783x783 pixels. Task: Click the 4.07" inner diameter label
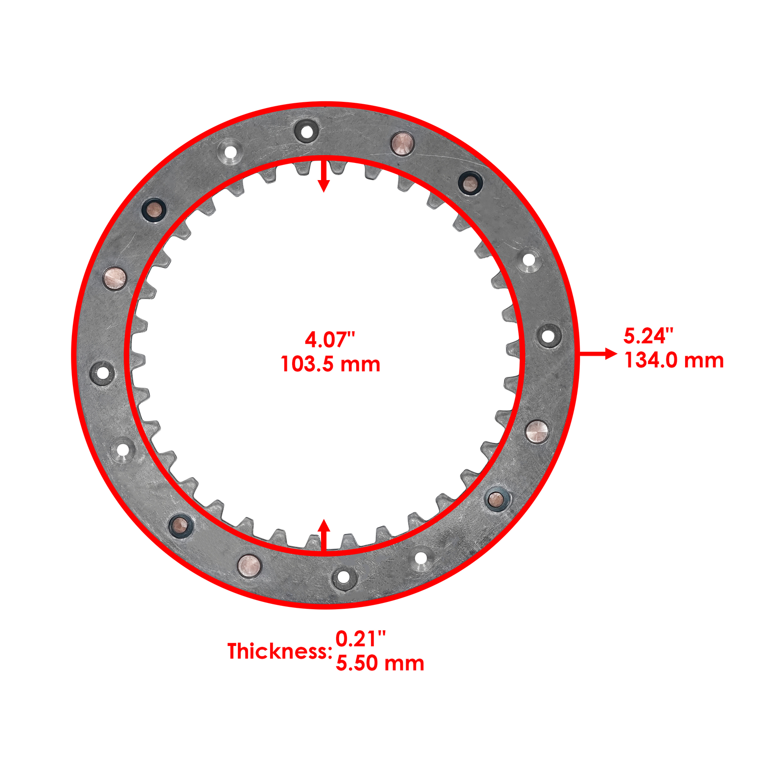click(329, 339)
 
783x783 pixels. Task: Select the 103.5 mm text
click(330, 365)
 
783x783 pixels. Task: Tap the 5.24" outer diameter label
click(648, 336)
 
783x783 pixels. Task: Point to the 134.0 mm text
click(674, 361)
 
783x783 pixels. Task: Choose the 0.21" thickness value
click(361, 639)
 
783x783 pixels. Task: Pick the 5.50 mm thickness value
click(380, 664)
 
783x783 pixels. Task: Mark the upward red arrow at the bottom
click(324, 535)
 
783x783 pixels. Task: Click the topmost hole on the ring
click(307, 131)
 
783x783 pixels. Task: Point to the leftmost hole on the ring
click(103, 373)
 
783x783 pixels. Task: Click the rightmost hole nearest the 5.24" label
click(549, 336)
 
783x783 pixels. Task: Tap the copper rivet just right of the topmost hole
click(403, 143)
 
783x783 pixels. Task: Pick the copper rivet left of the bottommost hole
click(250, 566)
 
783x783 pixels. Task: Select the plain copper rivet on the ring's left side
click(115, 278)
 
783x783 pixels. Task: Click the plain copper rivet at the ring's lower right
click(537, 431)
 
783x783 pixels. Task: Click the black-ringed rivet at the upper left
click(154, 210)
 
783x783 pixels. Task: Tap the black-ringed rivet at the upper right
click(471, 184)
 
